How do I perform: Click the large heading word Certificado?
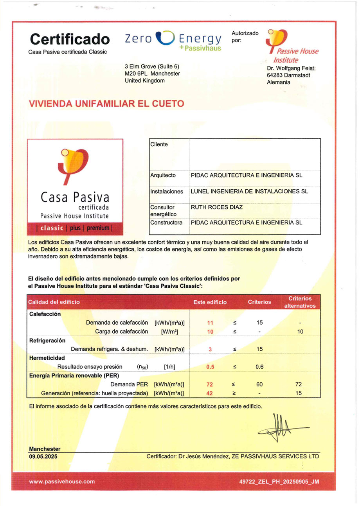70,39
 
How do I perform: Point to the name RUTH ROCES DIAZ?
216,207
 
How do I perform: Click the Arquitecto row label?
163,175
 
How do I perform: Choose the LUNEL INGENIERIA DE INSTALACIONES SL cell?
249,192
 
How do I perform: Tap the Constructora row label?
166,222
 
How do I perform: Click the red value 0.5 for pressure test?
210,367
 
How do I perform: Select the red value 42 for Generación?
209,393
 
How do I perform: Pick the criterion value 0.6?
259,367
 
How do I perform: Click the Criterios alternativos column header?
300,302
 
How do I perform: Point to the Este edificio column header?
210,302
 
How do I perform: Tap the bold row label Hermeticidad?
47,358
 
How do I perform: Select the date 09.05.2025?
43,456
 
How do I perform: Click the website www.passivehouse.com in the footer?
62,481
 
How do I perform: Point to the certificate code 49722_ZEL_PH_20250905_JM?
279,482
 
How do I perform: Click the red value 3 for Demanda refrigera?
210,349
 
